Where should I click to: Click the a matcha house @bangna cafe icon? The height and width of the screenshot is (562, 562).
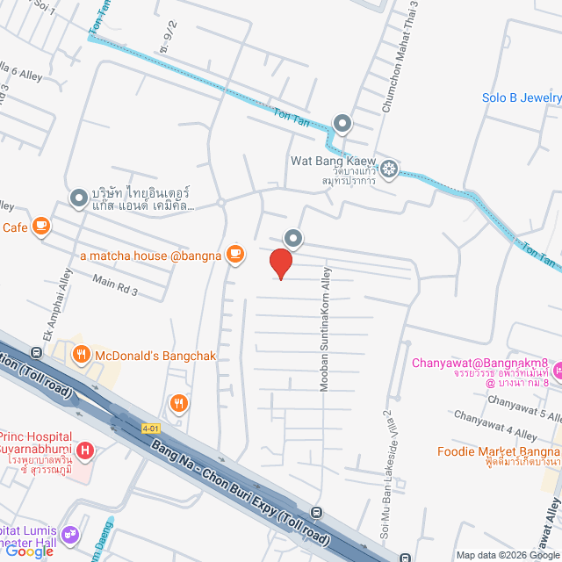tap(234, 255)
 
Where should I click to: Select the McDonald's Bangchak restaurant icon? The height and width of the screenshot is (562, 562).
tap(81, 356)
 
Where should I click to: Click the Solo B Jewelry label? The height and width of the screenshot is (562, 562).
tap(522, 97)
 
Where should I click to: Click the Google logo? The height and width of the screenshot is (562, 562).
tap(33, 551)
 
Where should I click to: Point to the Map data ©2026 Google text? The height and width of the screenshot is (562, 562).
tap(507, 555)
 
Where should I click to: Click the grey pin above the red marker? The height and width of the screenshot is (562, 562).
tap(292, 237)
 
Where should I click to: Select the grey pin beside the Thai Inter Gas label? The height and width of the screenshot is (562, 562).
tap(79, 197)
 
